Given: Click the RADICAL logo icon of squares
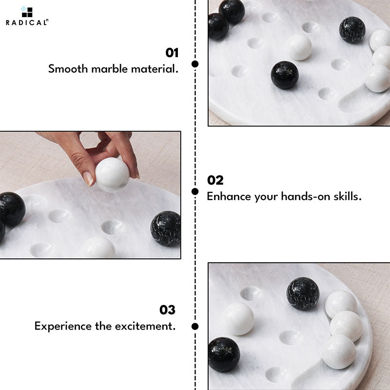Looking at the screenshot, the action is tap(27, 12).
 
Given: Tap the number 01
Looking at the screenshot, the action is tap(172, 53).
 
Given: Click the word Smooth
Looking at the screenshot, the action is tap(68, 69).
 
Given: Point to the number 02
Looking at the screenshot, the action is tap(215, 180).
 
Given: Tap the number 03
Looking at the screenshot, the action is tap(167, 310).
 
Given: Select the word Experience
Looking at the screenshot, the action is tap(63, 327).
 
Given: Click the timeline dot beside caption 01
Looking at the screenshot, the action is tap(195, 64).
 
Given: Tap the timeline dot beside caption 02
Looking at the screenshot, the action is tap(195, 192).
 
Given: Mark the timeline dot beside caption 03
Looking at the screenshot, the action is tap(195, 326).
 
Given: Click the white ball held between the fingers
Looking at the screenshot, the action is tap(112, 175).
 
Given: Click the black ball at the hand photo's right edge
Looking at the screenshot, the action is tap(166, 229).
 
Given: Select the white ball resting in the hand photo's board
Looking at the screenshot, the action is tap(98, 248).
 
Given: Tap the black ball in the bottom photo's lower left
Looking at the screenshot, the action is tap(224, 354).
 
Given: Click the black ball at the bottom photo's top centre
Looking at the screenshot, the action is tap(303, 293).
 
